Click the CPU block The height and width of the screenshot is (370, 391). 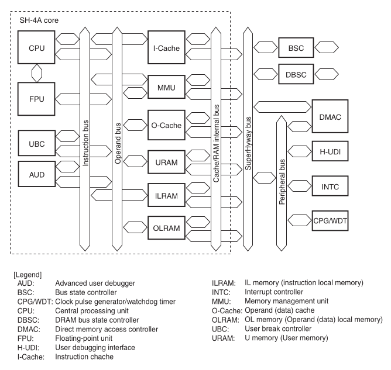pyautogui.click(x=36, y=47)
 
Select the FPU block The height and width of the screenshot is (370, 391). pyautogui.click(x=36, y=99)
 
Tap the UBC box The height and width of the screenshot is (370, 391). pyautogui.click(x=37, y=143)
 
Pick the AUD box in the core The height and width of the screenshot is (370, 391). pyautogui.click(x=37, y=174)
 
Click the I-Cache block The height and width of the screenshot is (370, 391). pyautogui.click(x=166, y=47)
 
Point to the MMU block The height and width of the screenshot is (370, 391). pyautogui.click(x=166, y=87)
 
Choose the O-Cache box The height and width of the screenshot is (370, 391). pyautogui.click(x=166, y=125)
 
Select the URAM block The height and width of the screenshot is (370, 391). pyautogui.click(x=166, y=162)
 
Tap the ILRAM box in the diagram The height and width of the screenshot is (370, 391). pyautogui.click(x=166, y=195)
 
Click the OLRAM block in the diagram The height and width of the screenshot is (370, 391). pyautogui.click(x=166, y=228)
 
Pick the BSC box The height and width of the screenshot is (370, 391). pyautogui.click(x=296, y=47)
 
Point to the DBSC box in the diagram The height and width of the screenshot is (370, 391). pyautogui.click(x=296, y=74)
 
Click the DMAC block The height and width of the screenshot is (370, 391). pyautogui.click(x=330, y=116)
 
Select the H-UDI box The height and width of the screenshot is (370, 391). pyautogui.click(x=330, y=151)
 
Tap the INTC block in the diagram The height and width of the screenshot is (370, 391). pyautogui.click(x=330, y=186)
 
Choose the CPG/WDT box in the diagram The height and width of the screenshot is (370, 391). pyautogui.click(x=330, y=221)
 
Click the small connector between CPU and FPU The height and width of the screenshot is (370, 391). pyautogui.click(x=37, y=73)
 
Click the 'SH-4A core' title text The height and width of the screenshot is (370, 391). pyautogui.click(x=39, y=20)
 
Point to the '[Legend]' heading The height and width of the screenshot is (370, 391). pyautogui.click(x=28, y=275)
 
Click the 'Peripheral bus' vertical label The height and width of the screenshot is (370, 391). pyautogui.click(x=282, y=182)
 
